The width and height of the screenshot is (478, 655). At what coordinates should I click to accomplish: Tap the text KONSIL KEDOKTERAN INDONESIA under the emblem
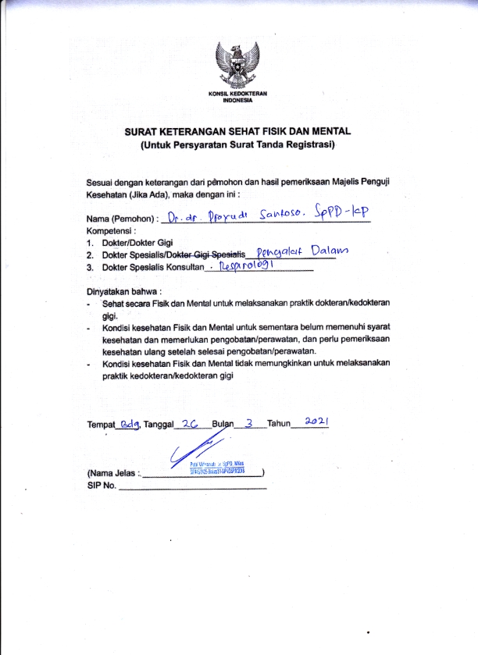(x=238, y=97)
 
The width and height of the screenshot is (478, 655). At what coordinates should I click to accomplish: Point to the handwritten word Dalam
(x=329, y=251)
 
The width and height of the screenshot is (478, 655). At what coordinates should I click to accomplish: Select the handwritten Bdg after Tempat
(x=127, y=424)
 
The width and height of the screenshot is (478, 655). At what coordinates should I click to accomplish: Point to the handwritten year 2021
(x=316, y=421)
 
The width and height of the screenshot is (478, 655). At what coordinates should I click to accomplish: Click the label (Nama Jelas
(x=112, y=473)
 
